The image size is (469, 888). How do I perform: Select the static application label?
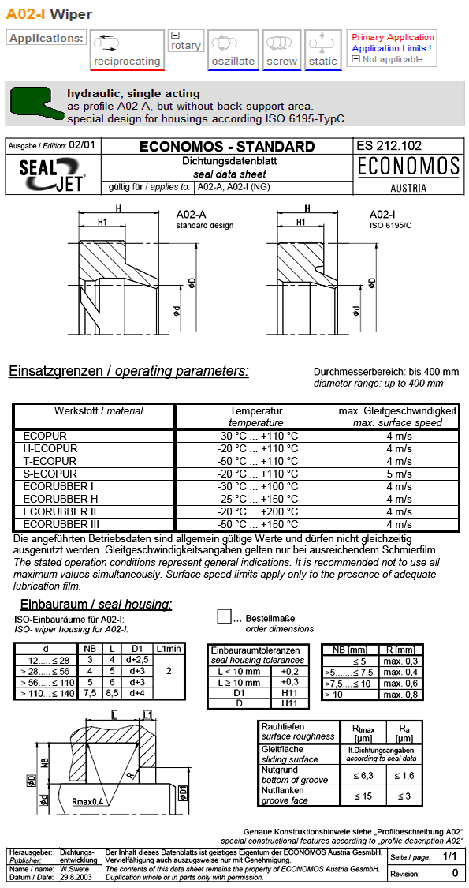tap(322, 61)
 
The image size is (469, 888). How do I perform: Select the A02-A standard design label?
tap(204, 219)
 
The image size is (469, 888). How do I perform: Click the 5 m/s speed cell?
tap(399, 474)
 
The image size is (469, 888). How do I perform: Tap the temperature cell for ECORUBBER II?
tap(257, 511)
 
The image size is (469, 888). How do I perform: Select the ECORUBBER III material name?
tap(61, 524)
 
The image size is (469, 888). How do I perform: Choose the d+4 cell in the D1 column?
tap(136, 693)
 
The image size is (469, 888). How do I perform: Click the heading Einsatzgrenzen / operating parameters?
tap(128, 371)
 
